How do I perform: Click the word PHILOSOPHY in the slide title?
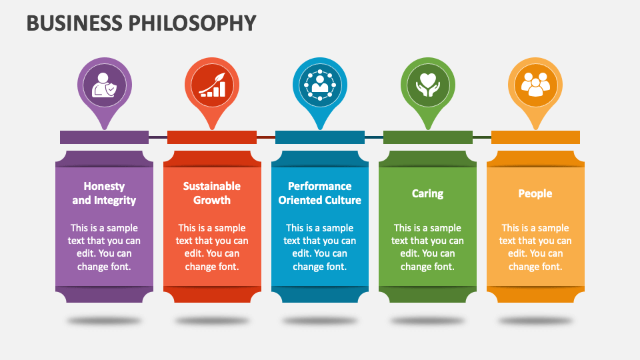point(193,23)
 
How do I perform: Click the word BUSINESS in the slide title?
point(74,23)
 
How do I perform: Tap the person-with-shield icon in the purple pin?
point(104,85)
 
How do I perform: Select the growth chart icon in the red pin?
point(212,85)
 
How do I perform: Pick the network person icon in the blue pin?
point(320,85)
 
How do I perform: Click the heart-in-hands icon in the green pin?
point(428,85)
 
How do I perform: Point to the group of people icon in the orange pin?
point(535,85)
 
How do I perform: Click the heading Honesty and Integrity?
point(104,193)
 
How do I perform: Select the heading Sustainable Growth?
point(212,193)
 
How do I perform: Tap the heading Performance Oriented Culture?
point(319,193)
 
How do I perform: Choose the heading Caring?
point(427,193)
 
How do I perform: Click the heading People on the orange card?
point(535,193)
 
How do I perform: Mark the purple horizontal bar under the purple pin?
point(104,137)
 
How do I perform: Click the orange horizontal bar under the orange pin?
point(535,137)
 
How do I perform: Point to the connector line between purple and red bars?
point(158,137)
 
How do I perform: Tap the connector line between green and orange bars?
point(481,137)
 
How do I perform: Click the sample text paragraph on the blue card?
point(319,247)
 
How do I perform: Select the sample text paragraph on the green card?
point(427,247)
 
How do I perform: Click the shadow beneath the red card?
point(212,321)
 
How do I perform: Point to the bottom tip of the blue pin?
point(320,129)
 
